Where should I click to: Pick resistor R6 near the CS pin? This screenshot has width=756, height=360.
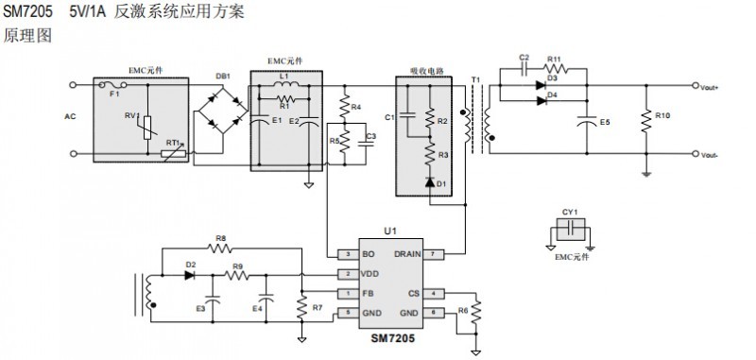[477, 312]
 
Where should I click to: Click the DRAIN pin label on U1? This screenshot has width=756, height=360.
[407, 254]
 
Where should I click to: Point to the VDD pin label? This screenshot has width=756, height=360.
[370, 274]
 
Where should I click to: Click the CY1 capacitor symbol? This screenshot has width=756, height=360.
[569, 229]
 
